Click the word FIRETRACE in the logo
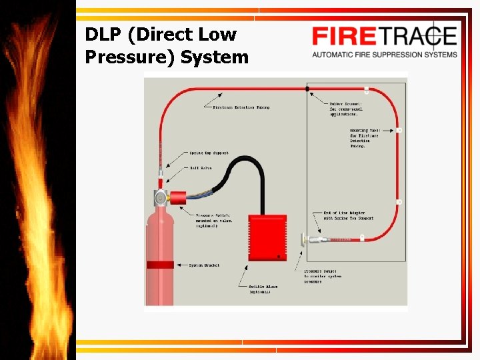(385, 36)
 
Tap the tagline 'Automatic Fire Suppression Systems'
(385, 55)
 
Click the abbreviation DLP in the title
(103, 35)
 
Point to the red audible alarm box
(267, 237)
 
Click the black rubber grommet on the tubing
(307, 88)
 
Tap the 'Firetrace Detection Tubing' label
(241, 107)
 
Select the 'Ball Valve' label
(201, 168)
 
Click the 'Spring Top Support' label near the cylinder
(209, 153)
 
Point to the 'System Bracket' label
(204, 265)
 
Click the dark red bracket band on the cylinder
(160, 265)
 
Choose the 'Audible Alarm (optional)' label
(263, 289)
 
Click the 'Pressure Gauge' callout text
(322, 276)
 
